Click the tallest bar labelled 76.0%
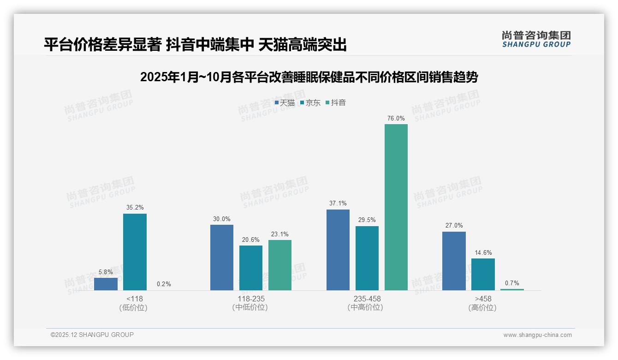tap(396, 207)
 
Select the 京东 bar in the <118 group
tap(135, 252)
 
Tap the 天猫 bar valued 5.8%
tap(106, 284)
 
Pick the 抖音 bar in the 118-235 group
tap(280, 265)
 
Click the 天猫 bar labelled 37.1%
tap(338, 250)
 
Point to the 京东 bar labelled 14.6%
tap(483, 274)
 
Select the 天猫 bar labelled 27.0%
tap(454, 261)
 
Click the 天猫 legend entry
tap(285, 103)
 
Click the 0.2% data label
tap(164, 284)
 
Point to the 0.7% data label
tap(512, 283)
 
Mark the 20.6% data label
tap(251, 240)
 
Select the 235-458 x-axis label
tap(367, 299)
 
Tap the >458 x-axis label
tap(482, 299)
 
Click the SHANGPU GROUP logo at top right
tap(536, 39)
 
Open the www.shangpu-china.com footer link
tap(537, 335)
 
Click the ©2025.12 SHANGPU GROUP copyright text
tap(92, 335)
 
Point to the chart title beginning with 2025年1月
tap(309, 77)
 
